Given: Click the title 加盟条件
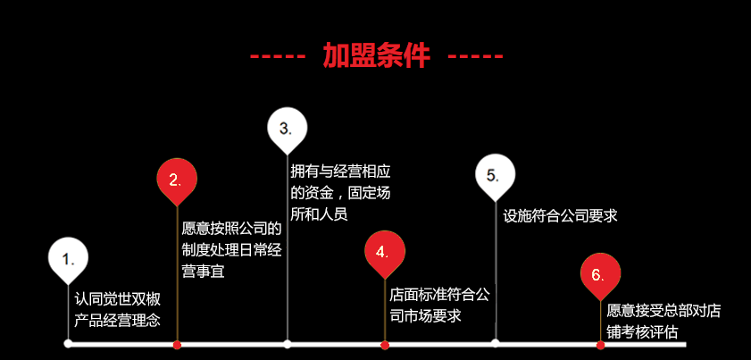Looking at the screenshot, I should pyautogui.click(x=376, y=56).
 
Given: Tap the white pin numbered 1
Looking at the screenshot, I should pyautogui.click(x=68, y=258).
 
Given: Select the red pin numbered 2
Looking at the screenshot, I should pyautogui.click(x=177, y=178).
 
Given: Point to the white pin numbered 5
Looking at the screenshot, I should pyautogui.click(x=495, y=175).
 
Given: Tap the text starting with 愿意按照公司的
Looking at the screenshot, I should pyautogui.click(x=231, y=249).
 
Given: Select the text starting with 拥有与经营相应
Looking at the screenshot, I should pyautogui.click(x=340, y=192).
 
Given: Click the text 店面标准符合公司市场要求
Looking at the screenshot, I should pyautogui.click(x=438, y=304).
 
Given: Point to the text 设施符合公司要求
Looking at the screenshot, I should pyautogui.click(x=560, y=215).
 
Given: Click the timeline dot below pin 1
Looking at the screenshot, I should pyautogui.click(x=68, y=343).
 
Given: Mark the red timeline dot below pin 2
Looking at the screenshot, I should pyautogui.click(x=177, y=344).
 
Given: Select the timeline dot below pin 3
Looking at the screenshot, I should pyautogui.click(x=287, y=343).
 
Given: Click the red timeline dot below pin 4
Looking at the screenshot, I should pyautogui.click(x=385, y=344).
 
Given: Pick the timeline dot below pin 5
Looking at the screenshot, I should pyautogui.click(x=495, y=343).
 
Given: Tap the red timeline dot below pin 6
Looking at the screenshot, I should pyautogui.click(x=600, y=344).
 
